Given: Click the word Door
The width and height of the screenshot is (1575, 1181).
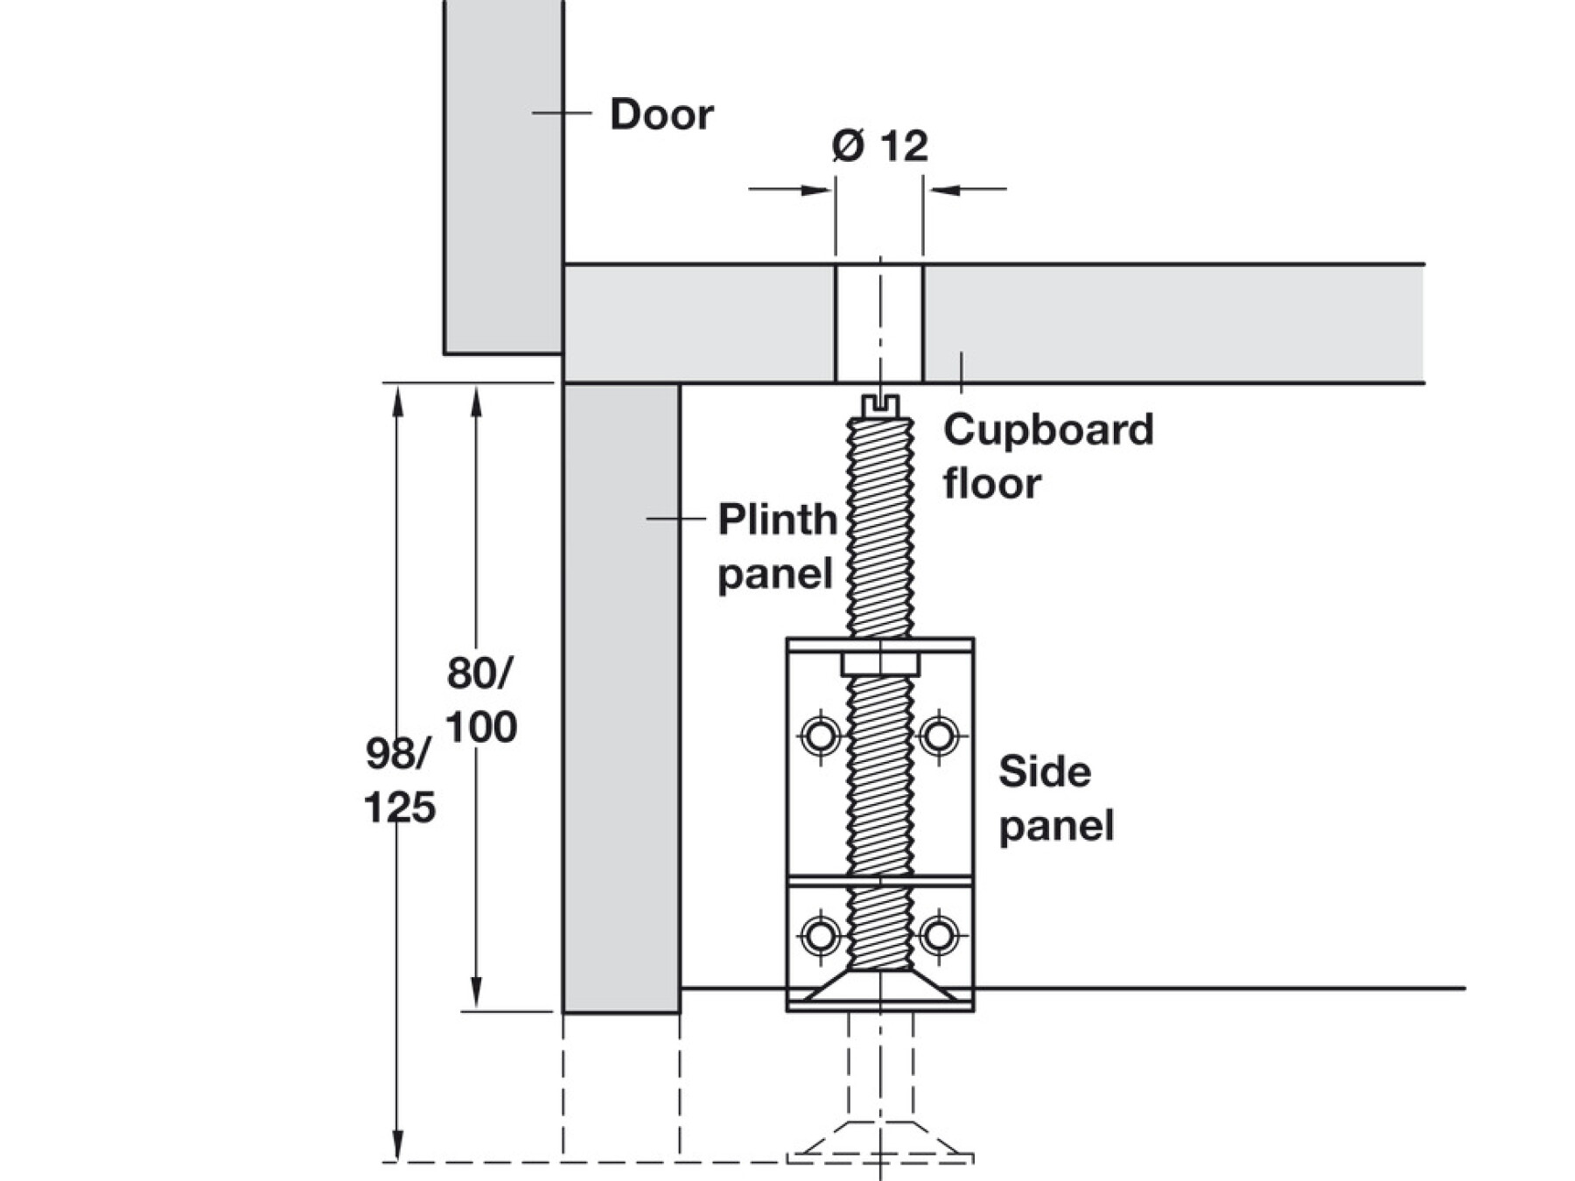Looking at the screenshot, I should (x=661, y=115).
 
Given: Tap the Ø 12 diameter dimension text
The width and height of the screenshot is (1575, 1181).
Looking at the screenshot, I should (x=879, y=145).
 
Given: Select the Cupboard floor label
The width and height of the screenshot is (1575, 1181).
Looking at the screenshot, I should (x=1047, y=456).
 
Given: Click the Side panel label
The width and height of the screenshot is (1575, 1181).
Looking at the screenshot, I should (x=1056, y=799).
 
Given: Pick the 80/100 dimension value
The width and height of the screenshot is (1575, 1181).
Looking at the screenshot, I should (x=481, y=701).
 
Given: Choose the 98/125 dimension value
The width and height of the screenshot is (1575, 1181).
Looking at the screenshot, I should (x=400, y=781).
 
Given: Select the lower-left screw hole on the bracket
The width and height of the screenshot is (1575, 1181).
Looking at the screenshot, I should (x=821, y=935).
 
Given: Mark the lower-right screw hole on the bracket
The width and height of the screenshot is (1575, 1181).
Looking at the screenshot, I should (x=939, y=935).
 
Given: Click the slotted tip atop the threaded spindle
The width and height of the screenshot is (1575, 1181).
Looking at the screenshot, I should (x=880, y=405).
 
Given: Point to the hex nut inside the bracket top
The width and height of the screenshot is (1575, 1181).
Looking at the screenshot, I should (x=880, y=665).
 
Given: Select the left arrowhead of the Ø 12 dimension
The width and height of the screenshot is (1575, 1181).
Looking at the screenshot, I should (x=817, y=188).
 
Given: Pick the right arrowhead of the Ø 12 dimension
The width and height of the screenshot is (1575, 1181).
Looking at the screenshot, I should (x=943, y=188).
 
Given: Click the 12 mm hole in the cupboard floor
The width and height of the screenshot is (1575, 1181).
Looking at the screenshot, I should (x=879, y=324).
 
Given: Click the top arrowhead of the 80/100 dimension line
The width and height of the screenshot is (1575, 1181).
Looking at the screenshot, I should (x=476, y=401).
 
